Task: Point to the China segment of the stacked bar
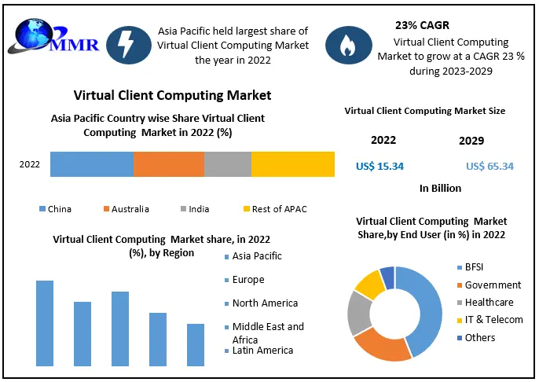pyautogui.click(x=92, y=164)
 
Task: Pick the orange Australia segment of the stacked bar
pyautogui.click(x=169, y=164)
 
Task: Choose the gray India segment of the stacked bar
pyautogui.click(x=228, y=164)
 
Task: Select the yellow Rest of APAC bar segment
pyautogui.click(x=293, y=164)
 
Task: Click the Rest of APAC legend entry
pyautogui.click(x=274, y=209)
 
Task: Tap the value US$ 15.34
pyautogui.click(x=380, y=166)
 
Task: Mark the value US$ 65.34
pyautogui.click(x=490, y=166)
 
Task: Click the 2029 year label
pyautogui.click(x=471, y=141)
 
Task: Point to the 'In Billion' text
pyautogui.click(x=440, y=189)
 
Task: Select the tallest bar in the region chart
pyautogui.click(x=45, y=322)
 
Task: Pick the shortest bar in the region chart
pyautogui.click(x=196, y=344)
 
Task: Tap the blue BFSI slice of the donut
pyautogui.click(x=426, y=307)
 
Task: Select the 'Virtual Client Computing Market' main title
pyautogui.click(x=172, y=95)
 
